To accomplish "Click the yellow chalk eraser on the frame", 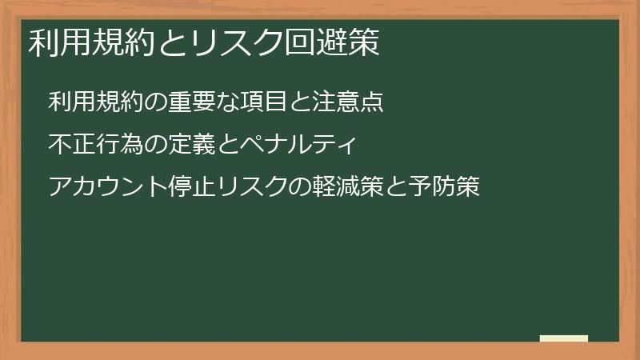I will (x=564, y=339).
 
